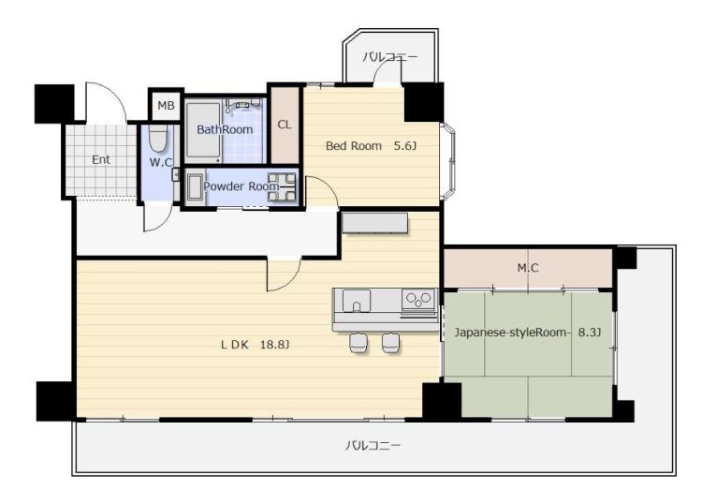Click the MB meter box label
tap(166, 106)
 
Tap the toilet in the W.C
tap(157, 138)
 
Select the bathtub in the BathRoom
tap(203, 131)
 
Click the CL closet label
tap(285, 125)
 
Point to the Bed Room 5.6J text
tap(372, 145)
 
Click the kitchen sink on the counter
tap(357, 301)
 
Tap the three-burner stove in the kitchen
tap(418, 299)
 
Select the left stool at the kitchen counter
tap(359, 343)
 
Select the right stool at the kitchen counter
tap(391, 343)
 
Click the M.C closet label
tap(528, 268)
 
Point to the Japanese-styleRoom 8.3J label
tap(528, 333)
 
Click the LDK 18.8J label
tap(256, 345)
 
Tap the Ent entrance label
tap(101, 159)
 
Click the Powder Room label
tap(241, 185)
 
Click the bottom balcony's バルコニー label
tap(373, 445)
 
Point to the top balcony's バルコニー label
tap(389, 57)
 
